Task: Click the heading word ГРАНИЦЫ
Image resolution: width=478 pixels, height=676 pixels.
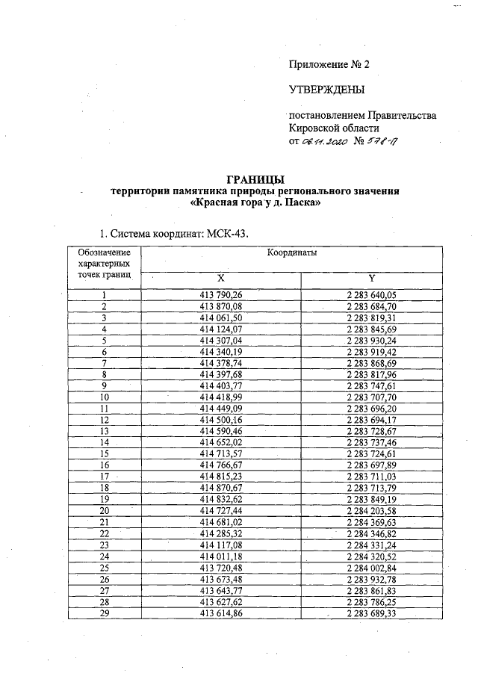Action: tap(255, 179)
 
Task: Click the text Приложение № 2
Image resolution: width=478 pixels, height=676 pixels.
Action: tap(329, 64)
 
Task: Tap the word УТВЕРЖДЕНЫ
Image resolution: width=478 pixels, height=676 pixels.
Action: tap(326, 90)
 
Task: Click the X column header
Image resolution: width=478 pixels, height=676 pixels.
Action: tap(221, 278)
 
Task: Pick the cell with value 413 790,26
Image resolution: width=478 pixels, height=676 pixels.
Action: tap(221, 296)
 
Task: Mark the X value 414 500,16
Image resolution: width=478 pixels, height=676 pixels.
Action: tap(221, 420)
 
